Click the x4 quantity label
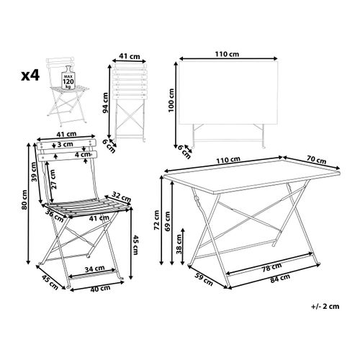click(30, 75)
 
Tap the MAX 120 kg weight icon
click(68, 78)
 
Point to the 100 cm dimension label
click(171, 100)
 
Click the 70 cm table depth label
click(316, 160)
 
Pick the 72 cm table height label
click(156, 220)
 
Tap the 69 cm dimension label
click(167, 221)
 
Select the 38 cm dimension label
click(179, 244)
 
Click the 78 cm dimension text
click(271, 266)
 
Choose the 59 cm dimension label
click(203, 279)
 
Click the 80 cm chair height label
click(24, 199)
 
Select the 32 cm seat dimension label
click(122, 197)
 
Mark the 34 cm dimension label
click(94, 269)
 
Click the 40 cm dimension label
click(100, 288)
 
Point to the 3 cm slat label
click(66, 144)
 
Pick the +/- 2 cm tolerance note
click(325, 306)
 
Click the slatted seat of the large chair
click(86, 207)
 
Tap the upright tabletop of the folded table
click(228, 93)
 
